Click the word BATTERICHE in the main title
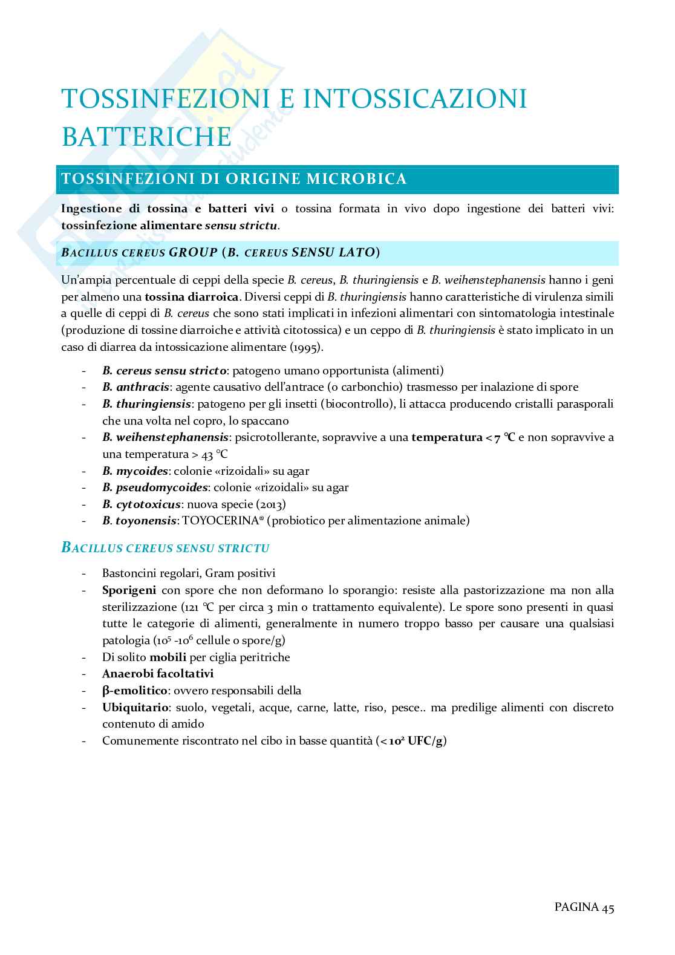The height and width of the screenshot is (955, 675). point(146,136)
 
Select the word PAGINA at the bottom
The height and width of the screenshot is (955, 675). point(576,907)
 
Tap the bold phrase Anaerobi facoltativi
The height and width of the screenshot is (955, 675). point(158,674)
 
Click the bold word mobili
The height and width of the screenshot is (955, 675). point(168,657)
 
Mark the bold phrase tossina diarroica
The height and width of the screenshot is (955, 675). point(192,297)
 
